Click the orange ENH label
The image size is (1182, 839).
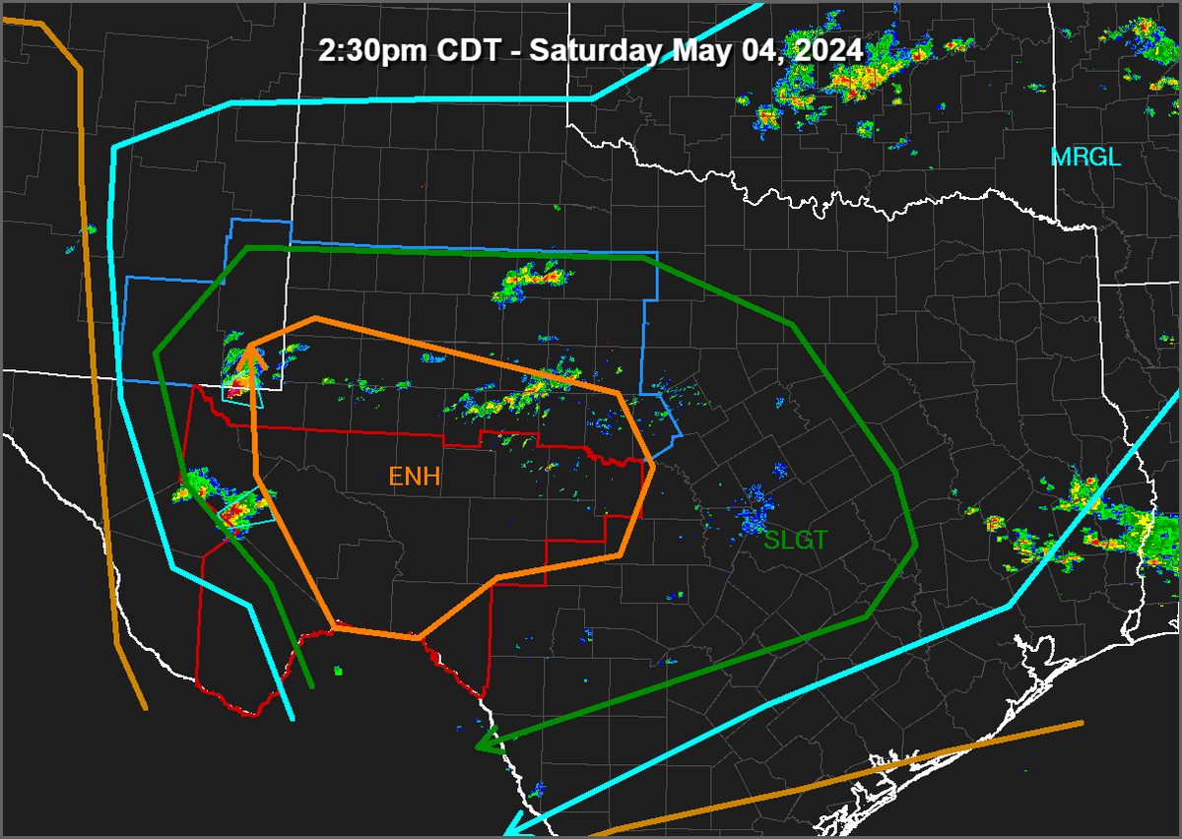coord(414,478)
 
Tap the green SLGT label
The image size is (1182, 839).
coord(796,540)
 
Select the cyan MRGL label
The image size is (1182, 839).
coord(1085,157)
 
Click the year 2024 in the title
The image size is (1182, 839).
coord(829,50)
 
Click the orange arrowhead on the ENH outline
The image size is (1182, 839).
coord(252,355)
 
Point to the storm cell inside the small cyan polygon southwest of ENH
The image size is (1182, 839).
coord(236,513)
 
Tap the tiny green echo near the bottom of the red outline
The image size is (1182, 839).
coord(338,672)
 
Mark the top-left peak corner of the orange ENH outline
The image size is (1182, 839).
coord(315,318)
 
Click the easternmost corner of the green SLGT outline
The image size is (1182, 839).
coord(916,544)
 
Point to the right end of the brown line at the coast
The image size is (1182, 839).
coord(1082,724)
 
